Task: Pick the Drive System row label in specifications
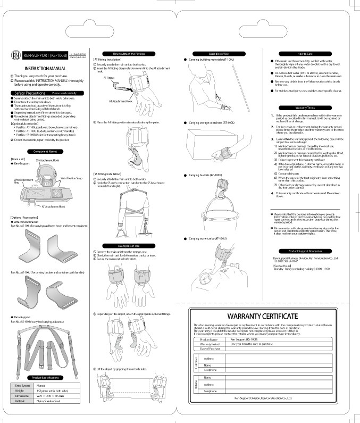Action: (22, 385)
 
